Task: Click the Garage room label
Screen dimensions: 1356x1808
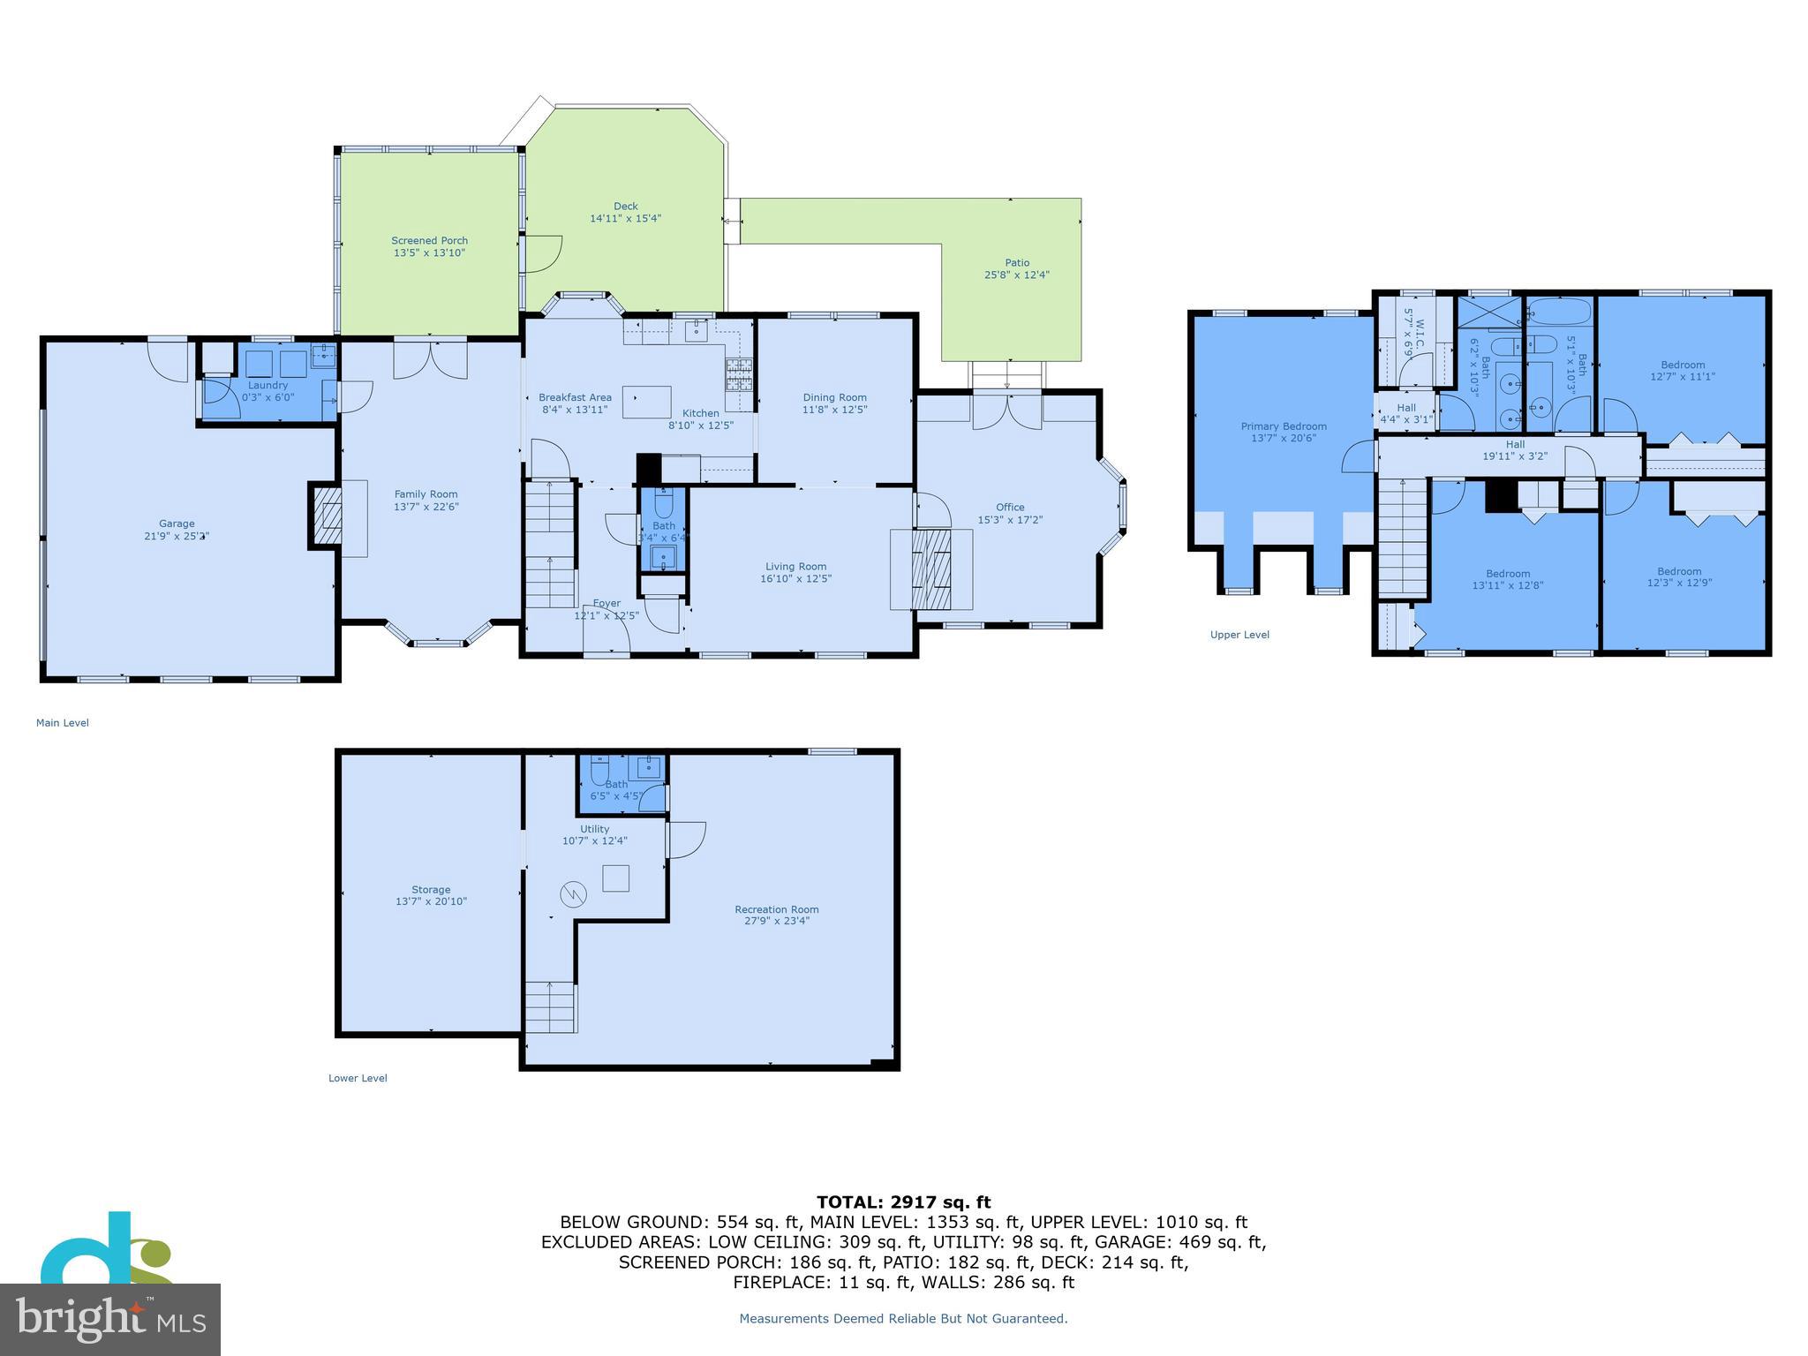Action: click(177, 524)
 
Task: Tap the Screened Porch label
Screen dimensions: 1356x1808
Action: click(429, 240)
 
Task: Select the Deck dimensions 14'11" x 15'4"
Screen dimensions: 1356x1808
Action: click(625, 218)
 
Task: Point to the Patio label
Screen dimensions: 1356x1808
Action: click(1017, 262)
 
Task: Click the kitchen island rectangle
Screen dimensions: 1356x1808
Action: click(646, 403)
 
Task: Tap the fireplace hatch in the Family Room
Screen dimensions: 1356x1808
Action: click(327, 516)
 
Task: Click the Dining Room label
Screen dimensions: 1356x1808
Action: click(834, 397)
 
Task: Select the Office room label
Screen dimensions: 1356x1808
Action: click(1010, 507)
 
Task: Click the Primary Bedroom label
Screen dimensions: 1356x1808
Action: click(1283, 426)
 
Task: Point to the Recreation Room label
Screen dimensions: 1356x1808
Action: click(777, 909)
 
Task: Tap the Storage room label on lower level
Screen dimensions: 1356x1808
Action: click(431, 890)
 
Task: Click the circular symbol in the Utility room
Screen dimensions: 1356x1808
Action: click(572, 895)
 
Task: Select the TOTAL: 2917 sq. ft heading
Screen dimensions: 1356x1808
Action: click(903, 1202)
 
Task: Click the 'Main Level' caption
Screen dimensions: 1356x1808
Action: click(62, 723)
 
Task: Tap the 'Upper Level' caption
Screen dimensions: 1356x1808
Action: click(1239, 635)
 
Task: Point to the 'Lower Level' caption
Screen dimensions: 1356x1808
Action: click(358, 1078)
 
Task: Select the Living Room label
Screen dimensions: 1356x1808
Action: click(795, 567)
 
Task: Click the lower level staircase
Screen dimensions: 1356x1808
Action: click(550, 1006)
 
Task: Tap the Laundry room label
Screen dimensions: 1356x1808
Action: click(267, 385)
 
